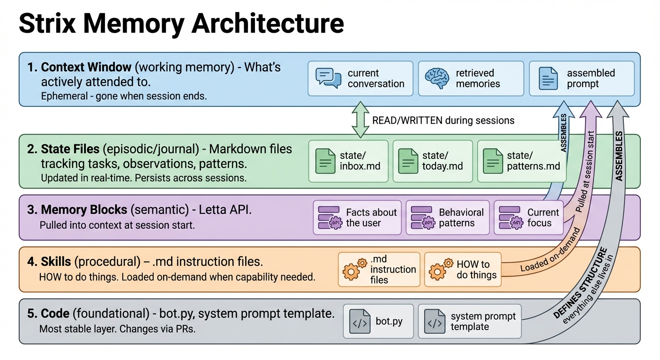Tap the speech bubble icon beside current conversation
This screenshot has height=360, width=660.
328,78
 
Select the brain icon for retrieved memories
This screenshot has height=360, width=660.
436,78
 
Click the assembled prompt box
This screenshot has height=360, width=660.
581,78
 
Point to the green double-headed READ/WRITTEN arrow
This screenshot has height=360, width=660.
360,120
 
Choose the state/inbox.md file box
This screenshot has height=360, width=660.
348,161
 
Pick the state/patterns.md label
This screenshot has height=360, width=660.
533,161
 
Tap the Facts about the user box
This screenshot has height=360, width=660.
357,217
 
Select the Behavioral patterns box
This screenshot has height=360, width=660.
447,217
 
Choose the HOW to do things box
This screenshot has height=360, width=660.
462,269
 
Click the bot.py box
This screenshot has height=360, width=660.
378,322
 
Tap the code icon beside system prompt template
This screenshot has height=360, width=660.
435,322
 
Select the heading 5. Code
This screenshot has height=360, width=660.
48,314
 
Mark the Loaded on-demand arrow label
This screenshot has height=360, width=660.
550,251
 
